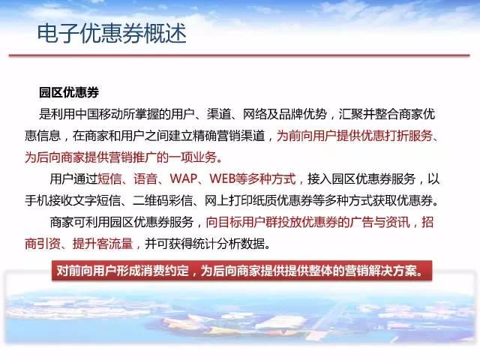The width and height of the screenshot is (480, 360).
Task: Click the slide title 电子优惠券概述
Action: coord(112,33)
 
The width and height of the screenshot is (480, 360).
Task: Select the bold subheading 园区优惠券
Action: coord(69,92)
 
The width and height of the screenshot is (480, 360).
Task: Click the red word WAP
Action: coord(184,178)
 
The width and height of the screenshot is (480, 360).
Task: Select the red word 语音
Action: coord(145,178)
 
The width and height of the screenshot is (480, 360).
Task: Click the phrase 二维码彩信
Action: coord(162,200)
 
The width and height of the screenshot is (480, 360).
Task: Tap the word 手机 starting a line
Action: coord(37,200)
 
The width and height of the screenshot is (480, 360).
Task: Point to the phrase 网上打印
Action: coord(228,200)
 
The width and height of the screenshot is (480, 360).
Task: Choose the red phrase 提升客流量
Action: coord(103,244)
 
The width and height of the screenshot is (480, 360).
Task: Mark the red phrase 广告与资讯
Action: coord(380,222)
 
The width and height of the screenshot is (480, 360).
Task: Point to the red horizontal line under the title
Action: coord(239,55)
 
